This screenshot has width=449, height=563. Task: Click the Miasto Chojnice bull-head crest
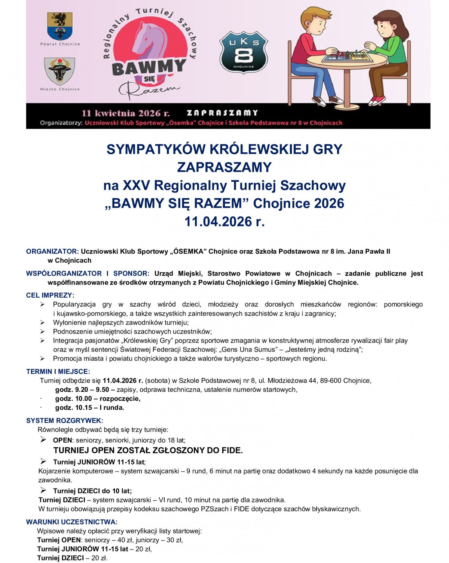click(x=59, y=71)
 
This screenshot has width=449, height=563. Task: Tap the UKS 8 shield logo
click(x=244, y=52)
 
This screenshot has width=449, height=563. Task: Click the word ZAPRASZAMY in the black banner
click(x=222, y=113)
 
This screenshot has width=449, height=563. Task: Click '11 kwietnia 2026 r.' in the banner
click(x=125, y=113)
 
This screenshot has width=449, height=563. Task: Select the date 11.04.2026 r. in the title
click(x=224, y=222)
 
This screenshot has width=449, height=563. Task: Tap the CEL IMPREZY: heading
click(x=50, y=295)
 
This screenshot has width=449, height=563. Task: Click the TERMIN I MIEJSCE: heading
click(x=58, y=372)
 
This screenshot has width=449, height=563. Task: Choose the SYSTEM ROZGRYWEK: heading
click(x=64, y=421)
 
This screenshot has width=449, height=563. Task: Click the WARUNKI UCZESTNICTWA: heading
click(x=72, y=522)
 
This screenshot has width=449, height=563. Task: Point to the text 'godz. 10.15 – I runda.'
click(x=90, y=408)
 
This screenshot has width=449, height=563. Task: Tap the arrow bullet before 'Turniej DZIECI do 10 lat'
click(x=43, y=490)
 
